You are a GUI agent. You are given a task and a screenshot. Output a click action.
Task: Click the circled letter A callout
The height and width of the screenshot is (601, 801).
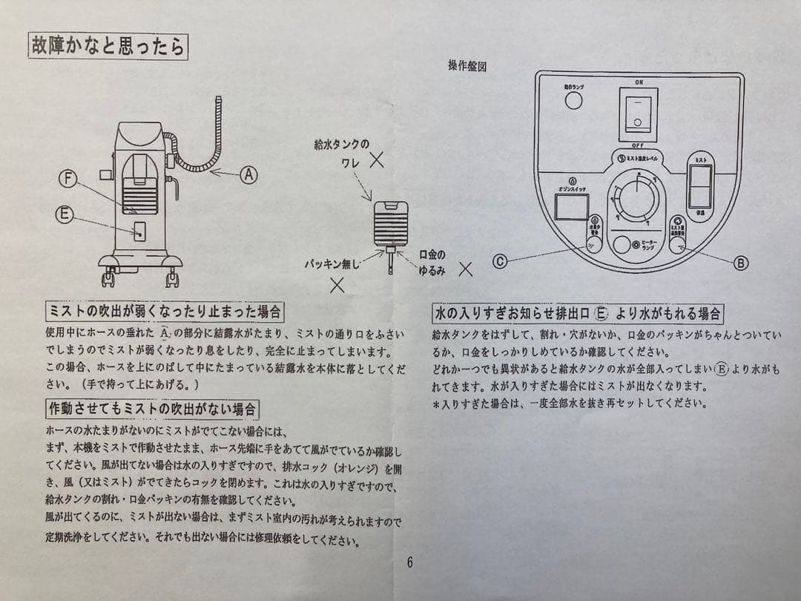249,174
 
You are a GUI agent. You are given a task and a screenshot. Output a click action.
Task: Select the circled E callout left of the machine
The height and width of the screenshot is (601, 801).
65,214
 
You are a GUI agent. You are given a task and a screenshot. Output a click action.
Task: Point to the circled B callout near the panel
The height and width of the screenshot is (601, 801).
740,262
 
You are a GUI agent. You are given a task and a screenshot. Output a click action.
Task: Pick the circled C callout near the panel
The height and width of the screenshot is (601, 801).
501,260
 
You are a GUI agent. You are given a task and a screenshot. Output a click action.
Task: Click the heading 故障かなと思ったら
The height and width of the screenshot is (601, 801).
108,47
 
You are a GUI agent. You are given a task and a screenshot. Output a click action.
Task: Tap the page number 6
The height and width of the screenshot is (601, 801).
409,562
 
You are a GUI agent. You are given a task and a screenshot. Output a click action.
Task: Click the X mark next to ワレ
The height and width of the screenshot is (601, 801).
377,159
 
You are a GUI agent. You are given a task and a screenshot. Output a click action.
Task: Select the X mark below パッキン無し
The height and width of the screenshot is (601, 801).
337,283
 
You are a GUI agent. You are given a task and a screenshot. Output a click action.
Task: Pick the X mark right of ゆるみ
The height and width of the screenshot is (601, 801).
465,269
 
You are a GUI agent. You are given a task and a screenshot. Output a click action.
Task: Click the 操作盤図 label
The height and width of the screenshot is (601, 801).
467,65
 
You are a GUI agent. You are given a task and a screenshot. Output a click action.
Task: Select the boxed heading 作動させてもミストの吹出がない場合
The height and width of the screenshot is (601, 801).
153,409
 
